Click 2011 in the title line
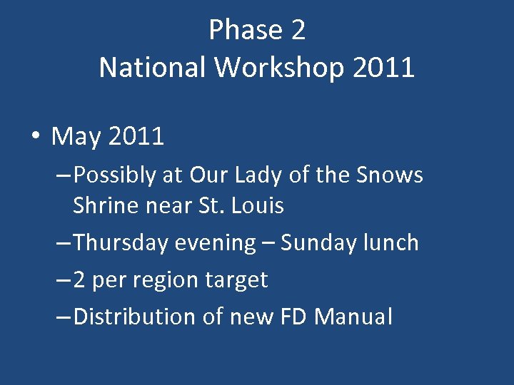pos(383,68)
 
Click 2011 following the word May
pos(136,135)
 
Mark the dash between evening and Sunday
pos(268,243)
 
